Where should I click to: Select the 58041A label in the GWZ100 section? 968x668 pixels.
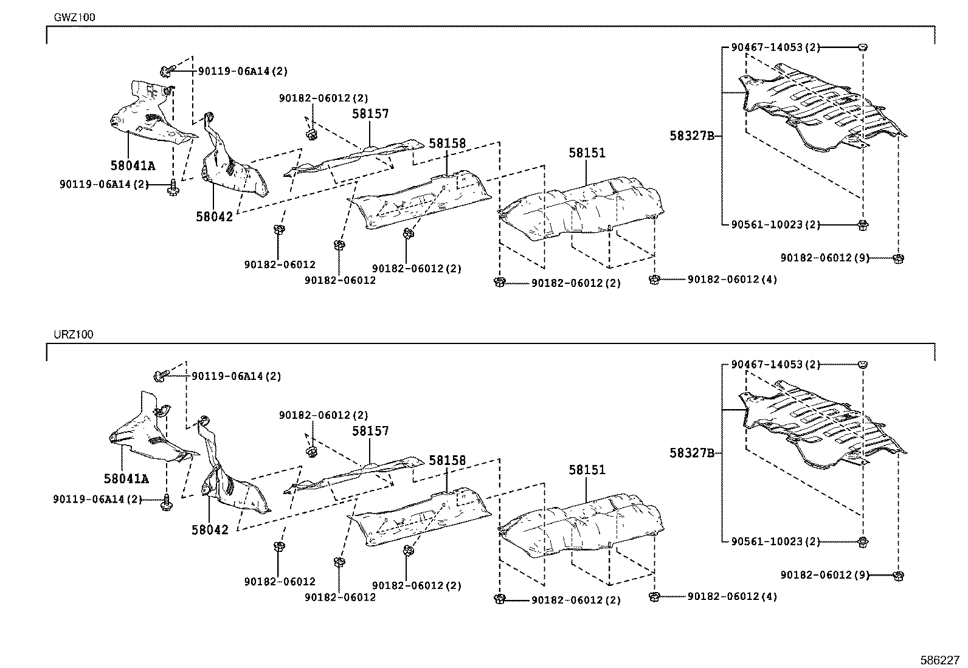click(133, 165)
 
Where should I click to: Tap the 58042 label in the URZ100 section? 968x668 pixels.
click(210, 530)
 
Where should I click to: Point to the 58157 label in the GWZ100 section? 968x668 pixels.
click(370, 114)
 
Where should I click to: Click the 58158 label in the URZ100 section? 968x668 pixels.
click(447, 461)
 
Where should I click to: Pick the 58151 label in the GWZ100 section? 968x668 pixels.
click(587, 153)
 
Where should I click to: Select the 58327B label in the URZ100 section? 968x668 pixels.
click(691, 453)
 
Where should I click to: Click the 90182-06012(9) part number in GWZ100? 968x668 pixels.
click(825, 258)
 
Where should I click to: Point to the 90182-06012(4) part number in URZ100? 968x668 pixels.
click(732, 597)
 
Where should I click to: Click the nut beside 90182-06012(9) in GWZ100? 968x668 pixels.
click(898, 258)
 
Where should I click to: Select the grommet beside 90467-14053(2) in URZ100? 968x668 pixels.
click(863, 364)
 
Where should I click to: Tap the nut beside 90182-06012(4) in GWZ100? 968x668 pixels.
click(655, 279)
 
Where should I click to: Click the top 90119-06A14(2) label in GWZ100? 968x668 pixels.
click(243, 71)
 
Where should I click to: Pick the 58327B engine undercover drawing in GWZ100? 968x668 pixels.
click(821, 109)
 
